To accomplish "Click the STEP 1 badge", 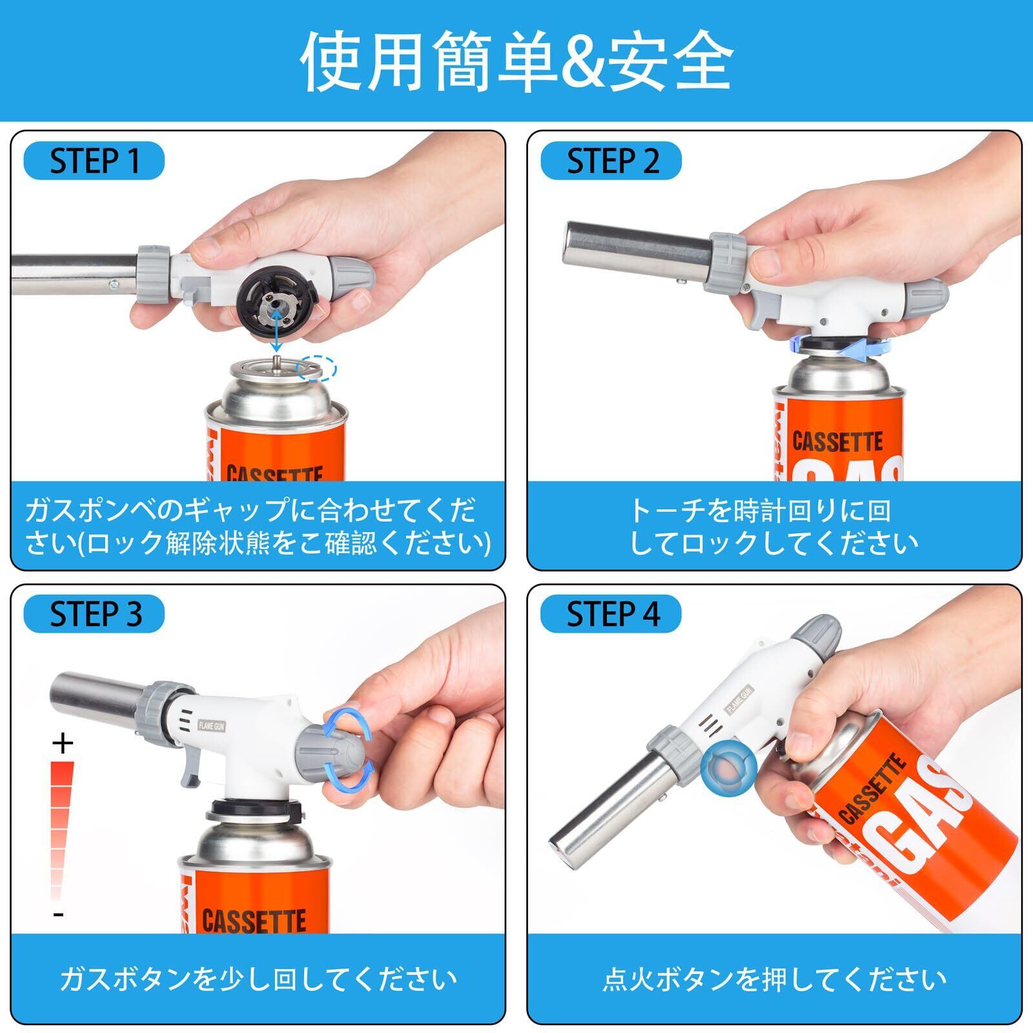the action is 94,161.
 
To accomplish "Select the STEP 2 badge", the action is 611,161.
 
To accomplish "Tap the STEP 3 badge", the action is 94,613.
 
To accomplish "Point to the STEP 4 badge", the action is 611,613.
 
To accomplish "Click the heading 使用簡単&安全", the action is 516,62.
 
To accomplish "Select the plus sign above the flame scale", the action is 63,744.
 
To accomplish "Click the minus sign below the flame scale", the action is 59,914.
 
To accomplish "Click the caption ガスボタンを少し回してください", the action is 258,979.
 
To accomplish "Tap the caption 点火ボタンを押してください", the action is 775,979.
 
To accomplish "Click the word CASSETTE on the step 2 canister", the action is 837,442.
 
